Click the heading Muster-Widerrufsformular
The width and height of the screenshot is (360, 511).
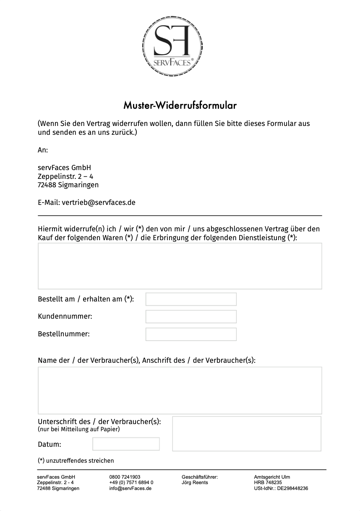coord(180,105)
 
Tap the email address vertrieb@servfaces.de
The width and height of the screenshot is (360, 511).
coord(99,202)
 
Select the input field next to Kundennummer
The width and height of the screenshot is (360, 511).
coord(191,317)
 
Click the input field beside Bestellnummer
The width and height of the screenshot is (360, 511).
coord(191,334)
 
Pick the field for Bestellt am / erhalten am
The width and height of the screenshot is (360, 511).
coord(191,299)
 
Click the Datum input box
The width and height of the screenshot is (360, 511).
coord(126,444)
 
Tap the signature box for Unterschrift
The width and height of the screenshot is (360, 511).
coord(247,434)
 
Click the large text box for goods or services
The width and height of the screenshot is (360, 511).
coord(180,266)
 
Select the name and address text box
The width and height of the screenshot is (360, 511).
coord(180,390)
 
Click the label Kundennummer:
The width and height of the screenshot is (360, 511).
coord(65,316)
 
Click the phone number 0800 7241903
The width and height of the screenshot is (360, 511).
coord(125,477)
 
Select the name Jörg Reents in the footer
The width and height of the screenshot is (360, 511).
coord(195,483)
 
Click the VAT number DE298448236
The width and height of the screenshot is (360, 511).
coord(292,489)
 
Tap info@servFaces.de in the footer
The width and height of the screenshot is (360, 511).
coord(130,489)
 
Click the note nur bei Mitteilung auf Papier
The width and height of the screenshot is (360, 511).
coord(79,429)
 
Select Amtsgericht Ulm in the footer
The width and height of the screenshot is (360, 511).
coord(272,477)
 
